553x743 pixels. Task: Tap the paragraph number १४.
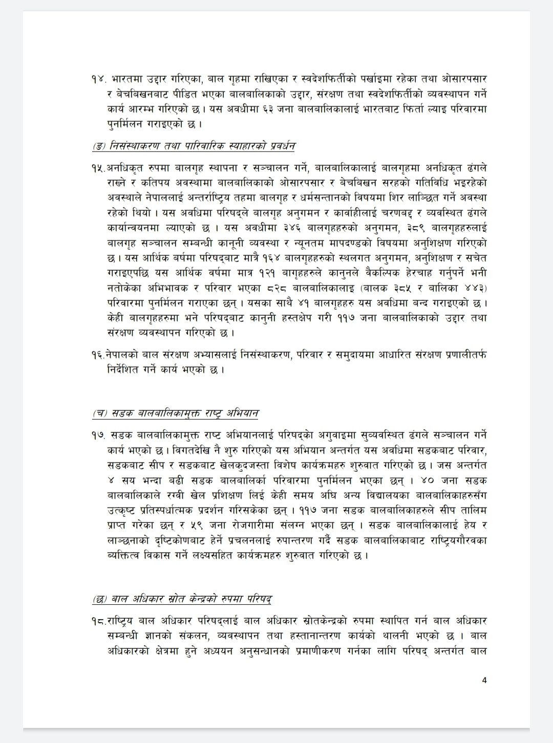coord(98,80)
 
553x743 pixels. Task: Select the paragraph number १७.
coord(98,435)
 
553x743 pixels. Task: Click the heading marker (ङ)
coord(99,147)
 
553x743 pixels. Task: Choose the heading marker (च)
coord(100,413)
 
